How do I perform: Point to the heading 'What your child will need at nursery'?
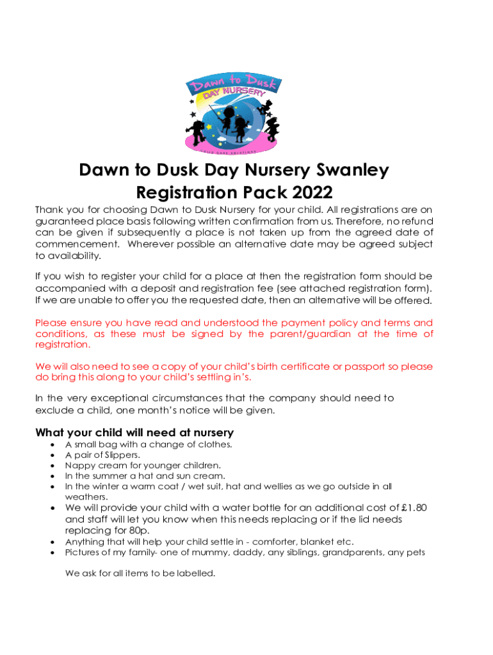134,432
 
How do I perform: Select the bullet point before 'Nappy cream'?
51,466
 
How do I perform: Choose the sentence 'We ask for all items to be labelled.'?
140,573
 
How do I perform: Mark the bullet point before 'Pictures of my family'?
51,552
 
